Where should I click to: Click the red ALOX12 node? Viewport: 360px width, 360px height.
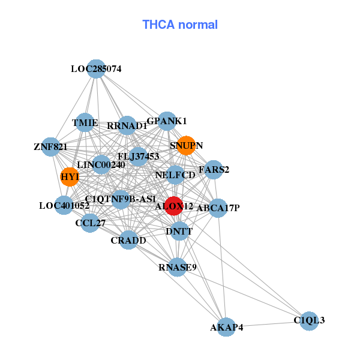(x=174, y=206)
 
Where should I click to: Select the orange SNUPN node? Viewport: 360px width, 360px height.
(x=186, y=145)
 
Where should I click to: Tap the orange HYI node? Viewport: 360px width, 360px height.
(x=70, y=176)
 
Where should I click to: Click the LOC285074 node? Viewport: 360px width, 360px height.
(x=96, y=69)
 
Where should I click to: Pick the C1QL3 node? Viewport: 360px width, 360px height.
(x=309, y=321)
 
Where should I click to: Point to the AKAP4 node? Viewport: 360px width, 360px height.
(x=226, y=327)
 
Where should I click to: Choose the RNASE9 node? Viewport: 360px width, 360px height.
(x=178, y=267)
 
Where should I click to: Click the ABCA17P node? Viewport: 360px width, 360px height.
(x=218, y=208)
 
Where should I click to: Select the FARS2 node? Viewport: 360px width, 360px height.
(x=214, y=170)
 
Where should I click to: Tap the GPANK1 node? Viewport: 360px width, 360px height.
(x=167, y=121)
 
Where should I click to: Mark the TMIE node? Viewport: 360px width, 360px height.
(x=85, y=123)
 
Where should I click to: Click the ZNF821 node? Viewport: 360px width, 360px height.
(x=50, y=146)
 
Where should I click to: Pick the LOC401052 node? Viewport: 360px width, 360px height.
(x=64, y=205)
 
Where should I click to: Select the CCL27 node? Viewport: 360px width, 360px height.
(x=90, y=223)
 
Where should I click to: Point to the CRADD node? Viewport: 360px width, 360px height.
(x=128, y=240)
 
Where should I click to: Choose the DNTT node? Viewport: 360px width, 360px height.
(x=179, y=231)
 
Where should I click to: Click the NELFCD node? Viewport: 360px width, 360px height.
(x=175, y=175)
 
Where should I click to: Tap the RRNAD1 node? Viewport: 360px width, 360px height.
(x=127, y=126)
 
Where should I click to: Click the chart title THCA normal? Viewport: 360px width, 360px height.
(x=180, y=25)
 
